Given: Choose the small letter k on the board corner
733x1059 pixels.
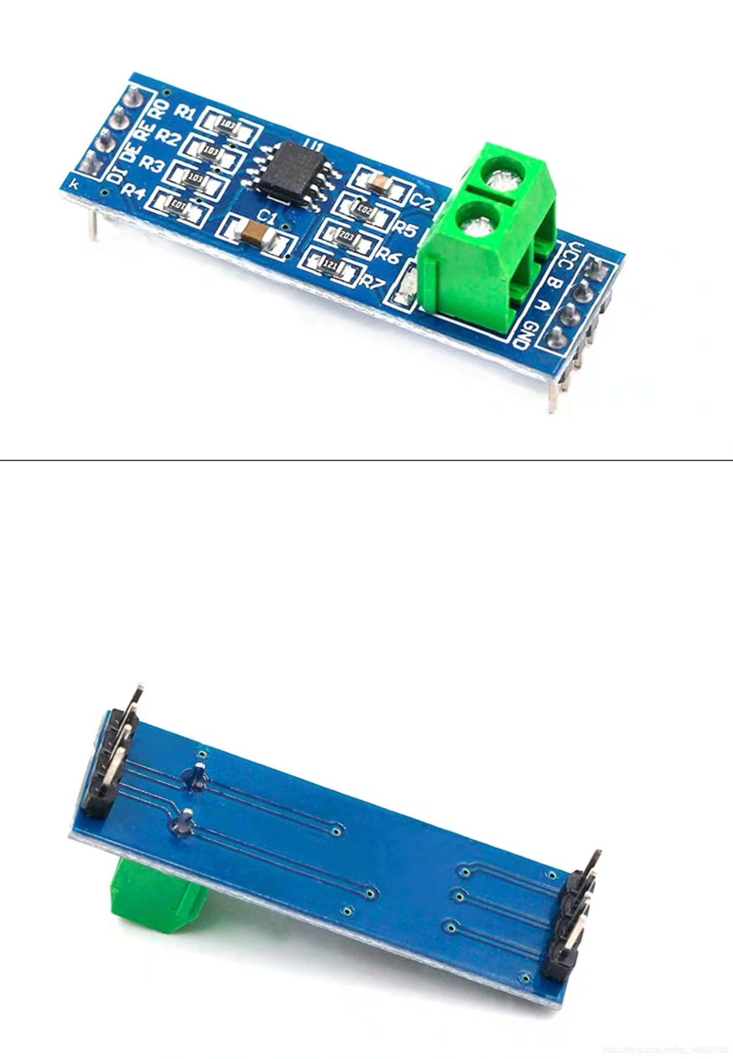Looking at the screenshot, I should [75, 184].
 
